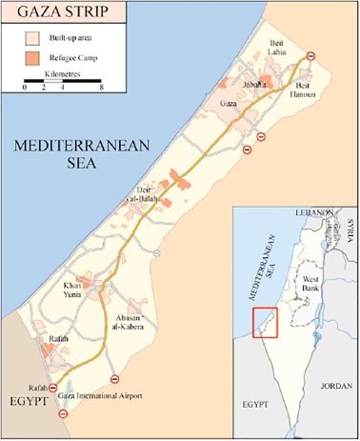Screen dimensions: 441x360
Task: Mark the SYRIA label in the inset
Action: click(350, 227)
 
